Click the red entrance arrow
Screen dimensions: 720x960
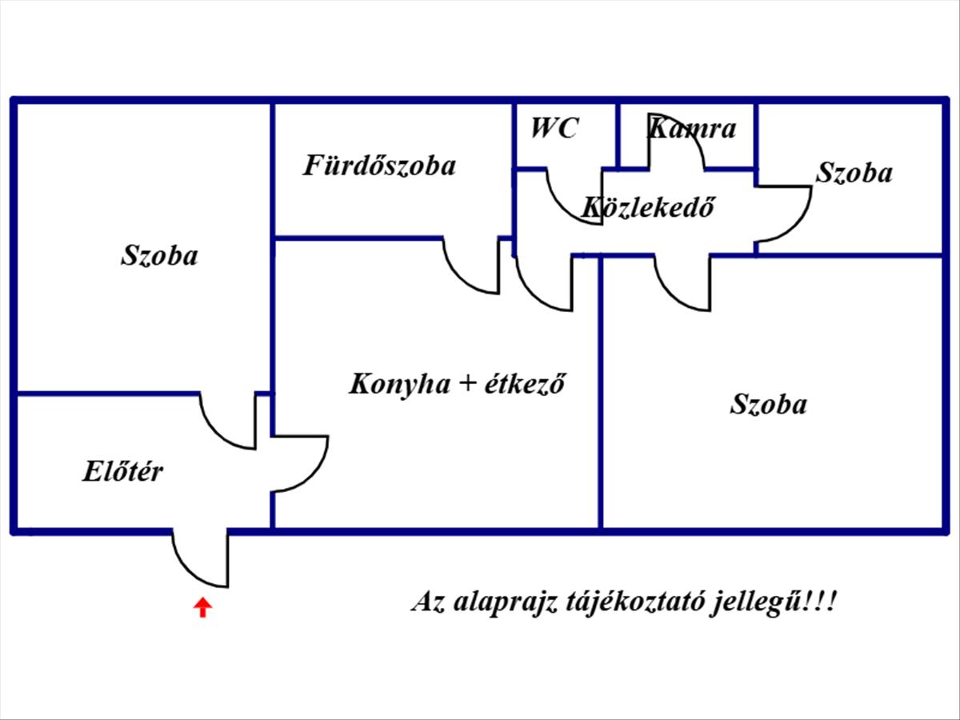[x=203, y=607]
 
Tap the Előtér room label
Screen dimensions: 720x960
[x=122, y=471]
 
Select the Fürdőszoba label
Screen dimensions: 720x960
[x=379, y=166]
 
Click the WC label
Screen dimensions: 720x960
[x=554, y=128]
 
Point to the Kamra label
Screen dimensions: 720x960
[x=692, y=128]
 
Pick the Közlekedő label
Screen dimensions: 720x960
[x=647, y=208]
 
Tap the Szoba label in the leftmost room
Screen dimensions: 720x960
[x=159, y=256]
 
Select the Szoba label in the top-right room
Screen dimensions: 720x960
[x=854, y=173]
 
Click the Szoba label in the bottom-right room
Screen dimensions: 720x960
[x=768, y=404]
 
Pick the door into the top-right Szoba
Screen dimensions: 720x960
[x=782, y=213]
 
